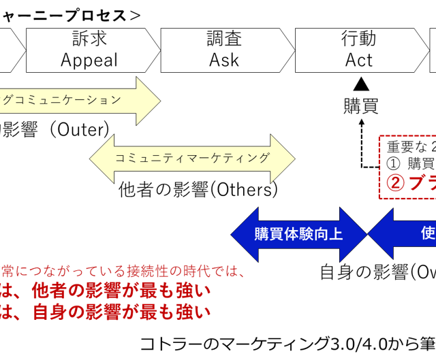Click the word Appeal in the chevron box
(89, 60)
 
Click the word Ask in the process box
(224, 60)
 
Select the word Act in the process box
(359, 60)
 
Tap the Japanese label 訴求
(89, 39)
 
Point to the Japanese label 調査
(224, 39)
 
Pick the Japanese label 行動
(359, 39)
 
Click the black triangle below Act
(360, 84)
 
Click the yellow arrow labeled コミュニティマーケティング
(192, 159)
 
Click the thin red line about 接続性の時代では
(123, 271)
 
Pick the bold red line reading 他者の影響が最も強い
(106, 291)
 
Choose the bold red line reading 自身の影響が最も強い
(106, 312)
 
